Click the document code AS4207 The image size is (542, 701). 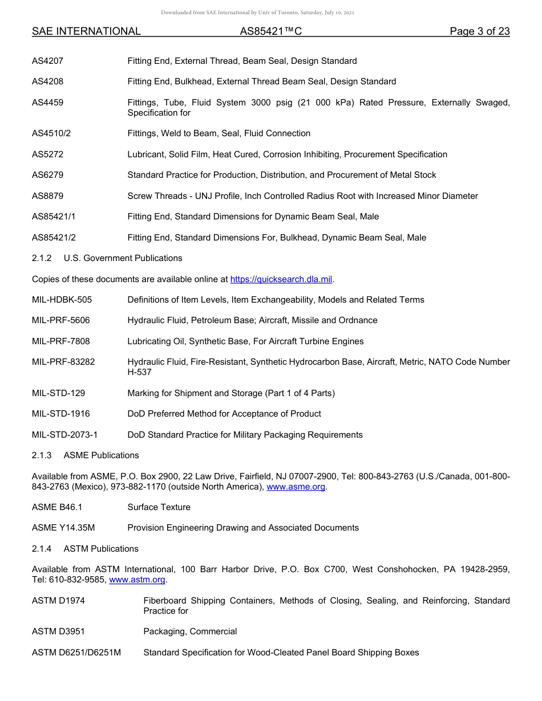click(47, 61)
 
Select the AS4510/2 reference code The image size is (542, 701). click(51, 133)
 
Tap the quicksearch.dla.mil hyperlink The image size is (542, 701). click(281, 279)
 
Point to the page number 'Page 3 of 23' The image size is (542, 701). click(479, 31)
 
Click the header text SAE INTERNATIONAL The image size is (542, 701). click(86, 31)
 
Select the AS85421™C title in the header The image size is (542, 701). click(270, 31)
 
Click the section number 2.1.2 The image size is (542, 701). click(42, 258)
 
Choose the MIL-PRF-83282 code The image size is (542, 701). click(63, 362)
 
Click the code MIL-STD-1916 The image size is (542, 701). click(60, 414)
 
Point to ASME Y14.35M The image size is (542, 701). click(63, 528)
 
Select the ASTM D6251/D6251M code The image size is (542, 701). click(76, 653)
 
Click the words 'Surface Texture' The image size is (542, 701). click(159, 507)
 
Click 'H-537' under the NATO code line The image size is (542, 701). click(139, 372)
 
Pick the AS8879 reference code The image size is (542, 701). click(47, 196)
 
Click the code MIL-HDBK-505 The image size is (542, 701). click(62, 300)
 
